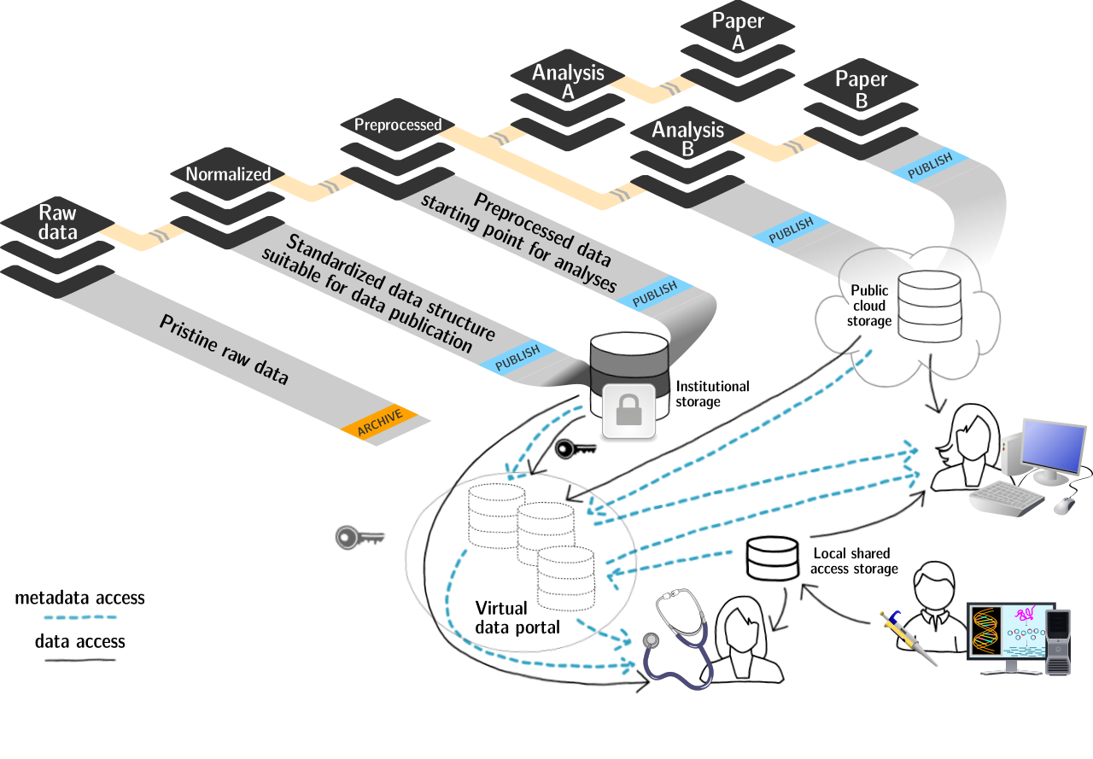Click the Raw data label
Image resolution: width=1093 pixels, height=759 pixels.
tap(58, 222)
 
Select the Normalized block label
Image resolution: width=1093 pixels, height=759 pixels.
tap(228, 174)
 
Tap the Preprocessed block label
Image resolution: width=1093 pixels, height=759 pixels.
tap(398, 125)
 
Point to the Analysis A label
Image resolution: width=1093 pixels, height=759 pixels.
tap(568, 82)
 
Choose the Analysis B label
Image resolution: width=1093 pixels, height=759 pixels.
tap(687, 138)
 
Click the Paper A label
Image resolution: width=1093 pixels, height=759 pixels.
tap(738, 31)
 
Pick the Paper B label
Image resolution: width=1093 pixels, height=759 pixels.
tap(861, 89)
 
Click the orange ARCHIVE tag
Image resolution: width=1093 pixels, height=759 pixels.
tap(380, 423)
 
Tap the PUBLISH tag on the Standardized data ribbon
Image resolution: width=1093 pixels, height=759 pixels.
tap(517, 356)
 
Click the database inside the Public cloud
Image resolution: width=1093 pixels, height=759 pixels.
tap(929, 306)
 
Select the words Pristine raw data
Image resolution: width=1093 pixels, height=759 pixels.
tap(224, 349)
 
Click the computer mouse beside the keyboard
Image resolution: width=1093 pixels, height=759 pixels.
tap(1065, 505)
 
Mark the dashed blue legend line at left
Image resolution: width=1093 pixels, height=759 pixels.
tap(80, 616)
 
